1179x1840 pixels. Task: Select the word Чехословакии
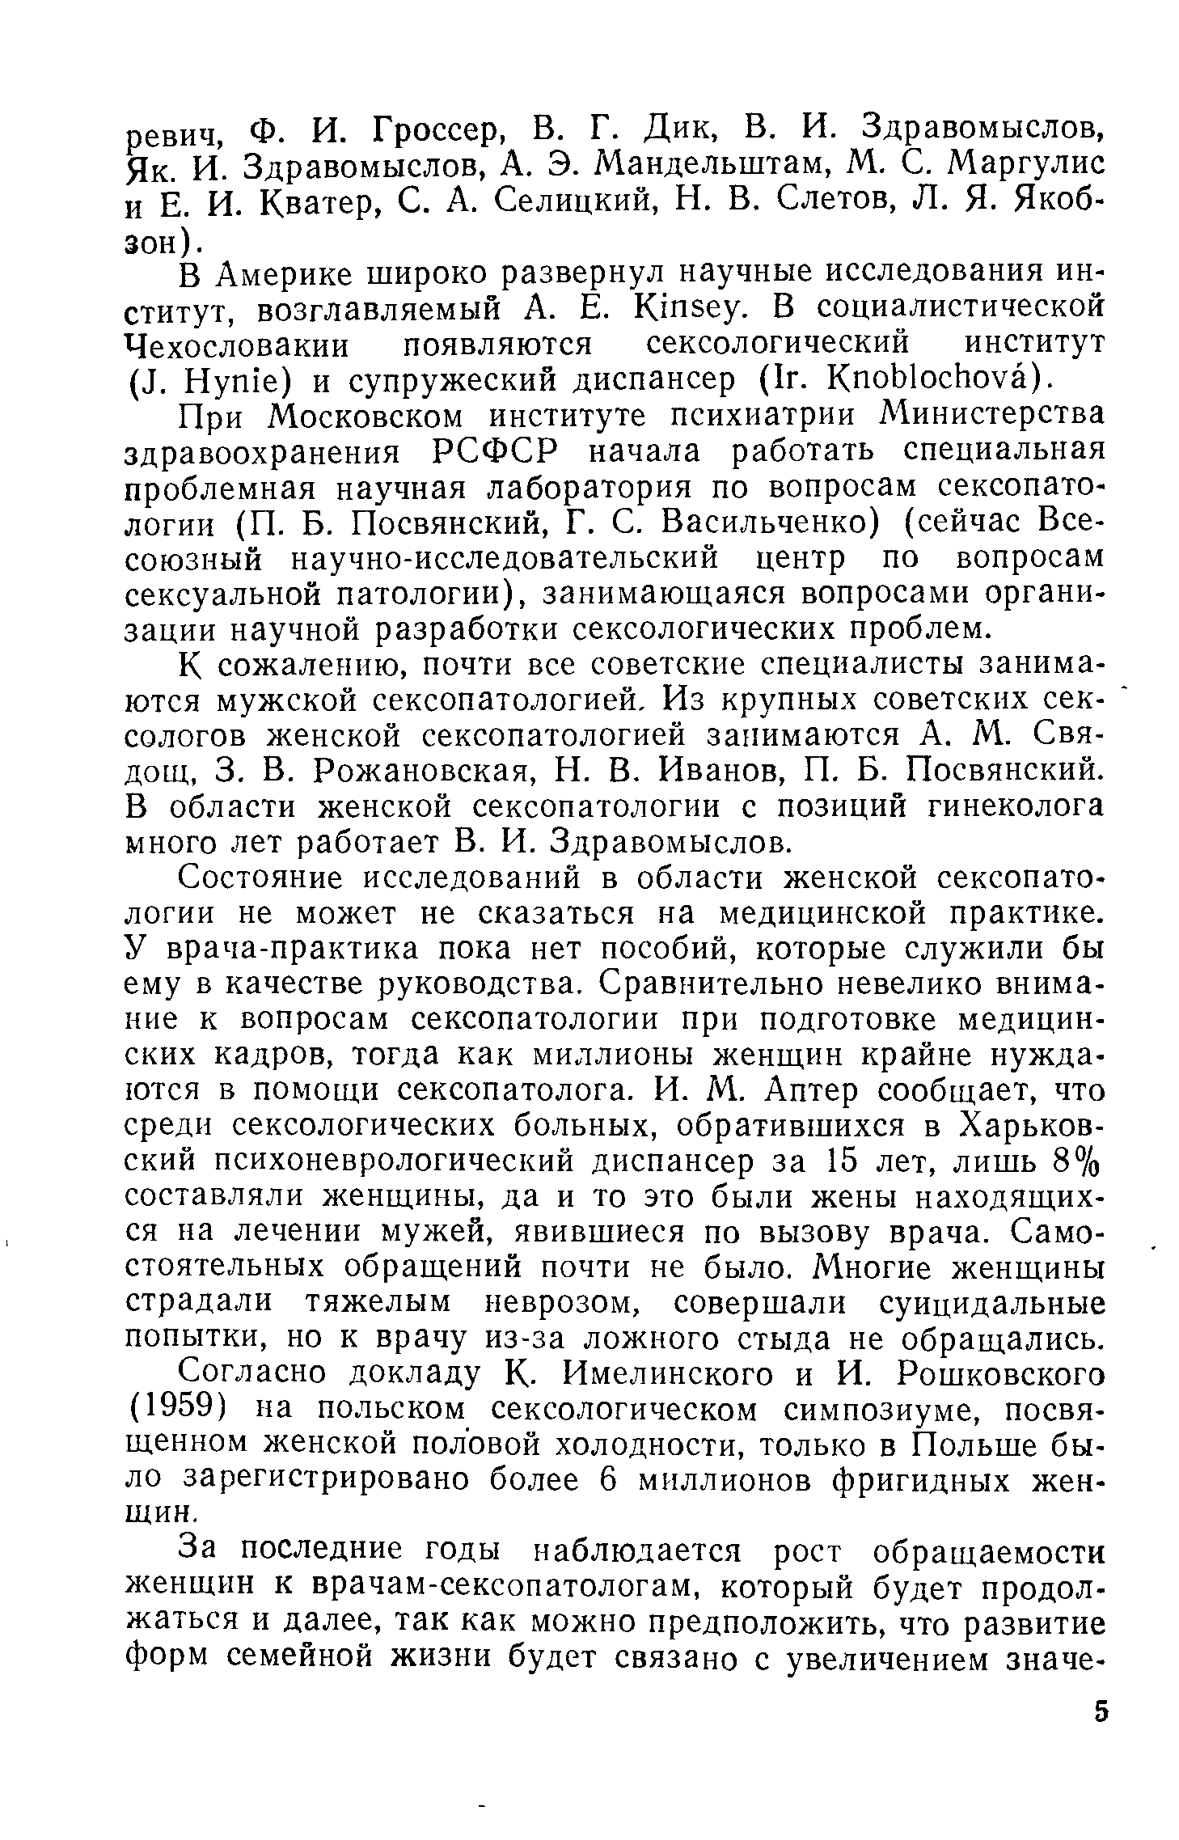point(238,346)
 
